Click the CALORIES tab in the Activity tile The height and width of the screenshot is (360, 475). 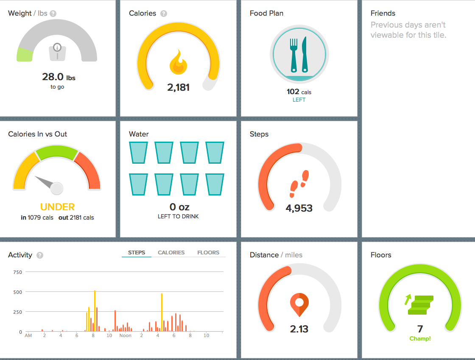[x=171, y=253]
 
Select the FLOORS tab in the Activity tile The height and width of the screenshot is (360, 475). [x=208, y=253]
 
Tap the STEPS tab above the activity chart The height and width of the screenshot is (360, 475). [x=137, y=253]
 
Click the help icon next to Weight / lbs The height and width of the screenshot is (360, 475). [x=53, y=14]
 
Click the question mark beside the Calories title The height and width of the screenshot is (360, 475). [x=164, y=14]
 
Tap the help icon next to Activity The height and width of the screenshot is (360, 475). [x=40, y=255]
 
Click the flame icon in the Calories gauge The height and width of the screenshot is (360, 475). [x=179, y=62]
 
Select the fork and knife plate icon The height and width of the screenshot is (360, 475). [x=299, y=55]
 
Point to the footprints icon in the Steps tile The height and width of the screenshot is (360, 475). [x=299, y=184]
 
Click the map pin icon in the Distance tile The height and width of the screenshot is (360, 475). [x=299, y=304]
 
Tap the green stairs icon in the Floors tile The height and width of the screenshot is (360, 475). [x=419, y=304]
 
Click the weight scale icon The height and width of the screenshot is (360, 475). [x=57, y=52]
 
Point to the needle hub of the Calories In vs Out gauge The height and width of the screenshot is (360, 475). [x=57, y=188]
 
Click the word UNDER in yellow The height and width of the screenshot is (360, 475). [x=57, y=207]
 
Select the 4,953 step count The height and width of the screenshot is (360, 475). [x=299, y=208]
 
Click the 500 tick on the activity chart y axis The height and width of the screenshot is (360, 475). [x=17, y=292]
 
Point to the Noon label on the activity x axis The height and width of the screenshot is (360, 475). [x=126, y=335]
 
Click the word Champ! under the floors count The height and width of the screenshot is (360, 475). [x=420, y=338]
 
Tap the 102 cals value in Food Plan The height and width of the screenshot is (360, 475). [x=299, y=92]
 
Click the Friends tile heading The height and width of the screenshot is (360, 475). [x=383, y=13]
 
